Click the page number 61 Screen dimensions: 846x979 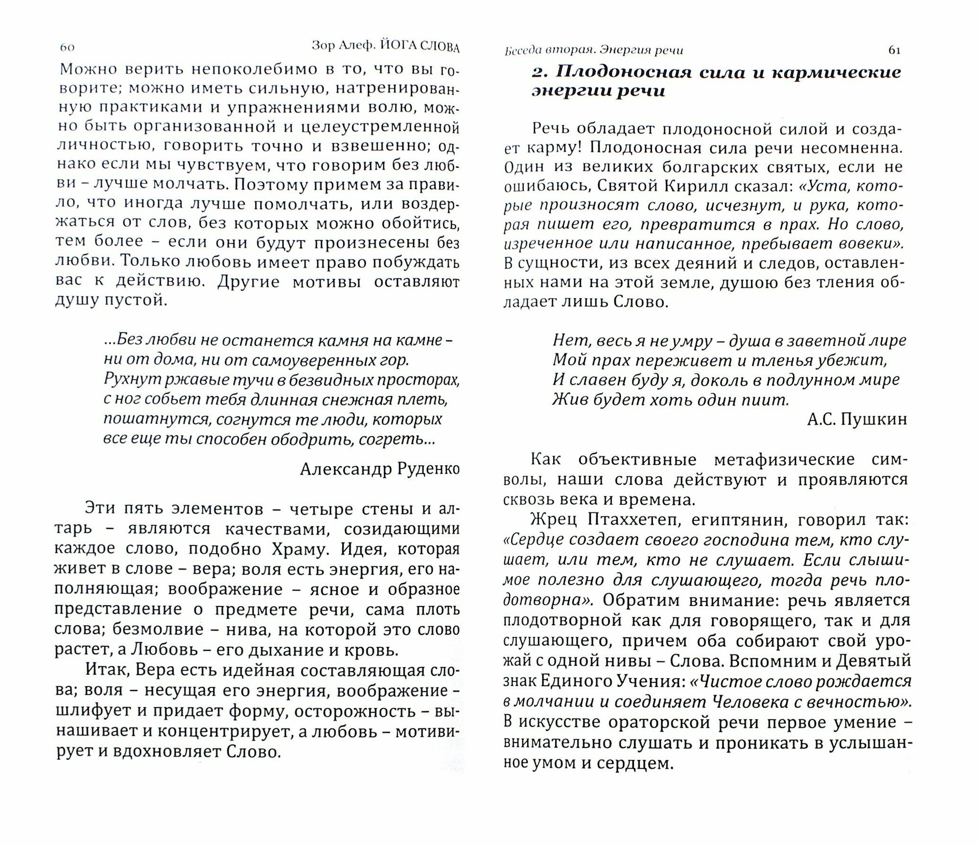(x=894, y=50)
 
